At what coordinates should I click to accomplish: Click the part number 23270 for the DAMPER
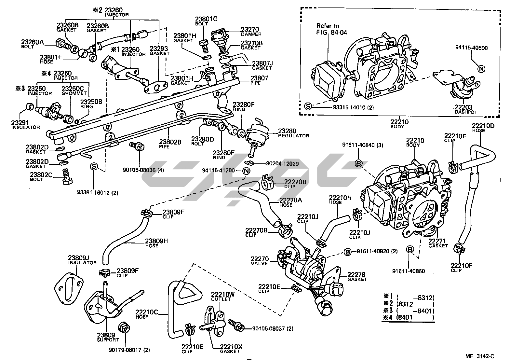click(250, 29)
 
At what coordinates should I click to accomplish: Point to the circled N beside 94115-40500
click(481, 69)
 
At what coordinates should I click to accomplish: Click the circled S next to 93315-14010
click(308, 106)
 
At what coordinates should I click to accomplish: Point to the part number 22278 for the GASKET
click(356, 274)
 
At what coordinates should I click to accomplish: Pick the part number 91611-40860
click(409, 271)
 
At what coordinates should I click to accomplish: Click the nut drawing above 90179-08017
click(124, 327)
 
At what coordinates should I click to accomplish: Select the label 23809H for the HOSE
click(156, 241)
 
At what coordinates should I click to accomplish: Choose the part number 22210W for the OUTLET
click(222, 294)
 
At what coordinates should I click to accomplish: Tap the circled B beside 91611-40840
click(358, 164)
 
